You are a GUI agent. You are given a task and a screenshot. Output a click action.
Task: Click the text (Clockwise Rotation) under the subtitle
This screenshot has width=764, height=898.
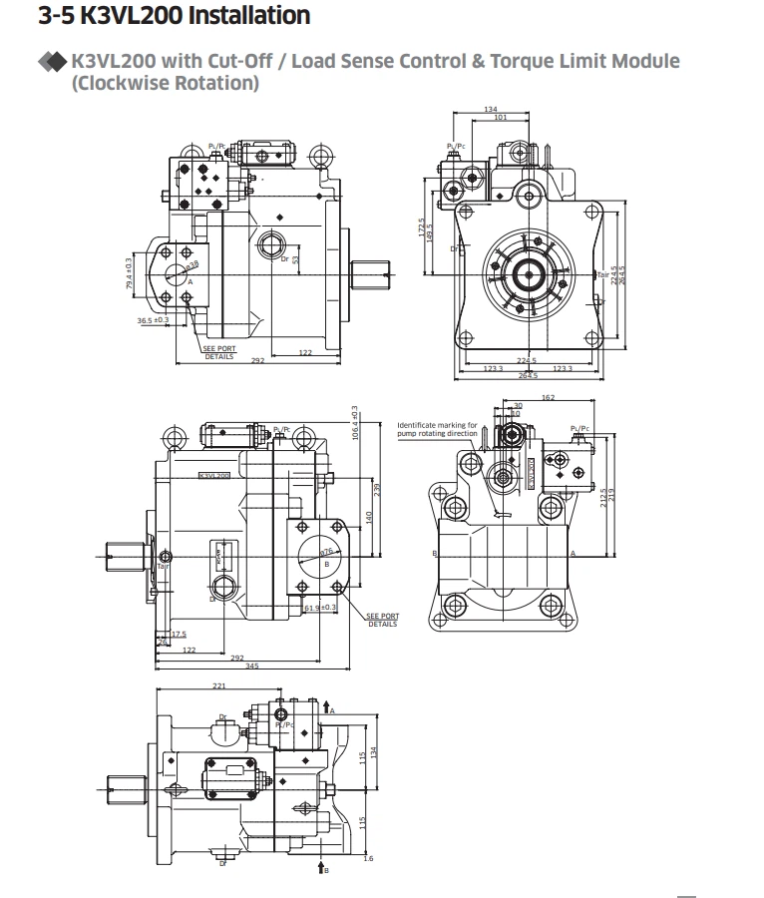[166, 82]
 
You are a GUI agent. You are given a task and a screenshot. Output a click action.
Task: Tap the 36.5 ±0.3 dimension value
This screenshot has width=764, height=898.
[153, 320]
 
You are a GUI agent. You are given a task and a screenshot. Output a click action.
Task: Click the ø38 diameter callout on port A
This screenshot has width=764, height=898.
[191, 264]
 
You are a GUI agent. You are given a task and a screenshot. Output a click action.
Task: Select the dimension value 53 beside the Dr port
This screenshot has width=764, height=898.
[296, 259]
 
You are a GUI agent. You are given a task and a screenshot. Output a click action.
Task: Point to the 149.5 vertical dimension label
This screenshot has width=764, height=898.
[431, 231]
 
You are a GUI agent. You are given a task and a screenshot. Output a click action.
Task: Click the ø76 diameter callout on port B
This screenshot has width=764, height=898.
[326, 551]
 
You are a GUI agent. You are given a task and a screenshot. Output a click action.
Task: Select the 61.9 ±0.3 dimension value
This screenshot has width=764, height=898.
[319, 607]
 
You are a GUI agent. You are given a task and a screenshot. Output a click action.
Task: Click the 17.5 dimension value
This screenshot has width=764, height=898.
[179, 634]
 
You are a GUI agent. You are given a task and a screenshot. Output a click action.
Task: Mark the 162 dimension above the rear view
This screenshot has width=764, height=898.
[548, 398]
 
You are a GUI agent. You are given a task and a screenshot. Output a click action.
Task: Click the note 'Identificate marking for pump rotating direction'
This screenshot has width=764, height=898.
[437, 429]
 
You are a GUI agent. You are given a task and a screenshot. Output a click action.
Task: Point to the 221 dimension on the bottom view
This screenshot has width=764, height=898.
[219, 685]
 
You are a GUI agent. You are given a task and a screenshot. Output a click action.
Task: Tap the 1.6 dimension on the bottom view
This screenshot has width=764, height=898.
[368, 858]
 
